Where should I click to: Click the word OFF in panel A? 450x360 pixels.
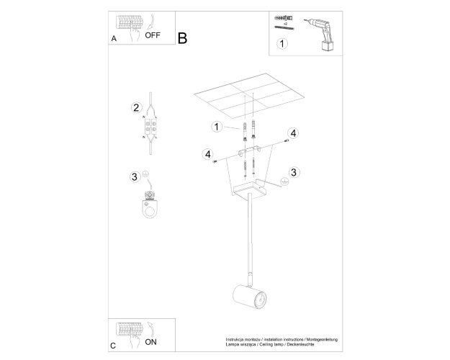(153, 35)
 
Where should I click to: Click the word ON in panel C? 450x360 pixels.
(150, 342)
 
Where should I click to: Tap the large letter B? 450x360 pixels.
(183, 38)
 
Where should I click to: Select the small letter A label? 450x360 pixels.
(114, 38)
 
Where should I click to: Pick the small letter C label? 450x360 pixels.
(113, 346)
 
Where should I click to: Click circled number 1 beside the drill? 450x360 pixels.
(282, 44)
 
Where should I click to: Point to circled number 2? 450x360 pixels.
(136, 108)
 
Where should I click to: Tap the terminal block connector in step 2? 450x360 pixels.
(150, 126)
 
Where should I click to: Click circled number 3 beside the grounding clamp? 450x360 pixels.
(135, 176)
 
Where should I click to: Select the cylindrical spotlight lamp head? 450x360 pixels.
(250, 296)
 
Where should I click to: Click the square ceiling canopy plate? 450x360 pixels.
(250, 189)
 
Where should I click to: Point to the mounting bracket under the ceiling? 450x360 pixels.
(249, 150)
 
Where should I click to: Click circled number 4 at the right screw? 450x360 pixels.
(293, 133)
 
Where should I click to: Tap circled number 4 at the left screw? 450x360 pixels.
(208, 155)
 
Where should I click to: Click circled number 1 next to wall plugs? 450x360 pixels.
(217, 127)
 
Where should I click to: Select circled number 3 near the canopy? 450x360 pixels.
(293, 172)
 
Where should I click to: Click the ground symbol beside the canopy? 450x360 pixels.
(284, 181)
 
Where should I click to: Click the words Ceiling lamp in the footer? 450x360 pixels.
(273, 344)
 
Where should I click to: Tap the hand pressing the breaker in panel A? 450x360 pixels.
(134, 32)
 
